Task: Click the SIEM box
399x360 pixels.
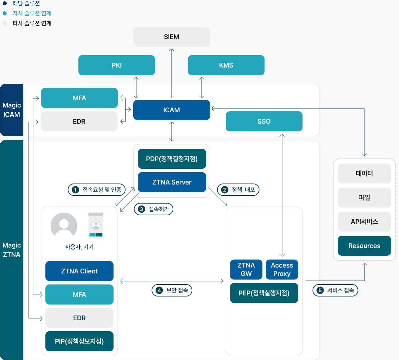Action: [x=171, y=37]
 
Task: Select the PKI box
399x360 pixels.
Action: [x=117, y=65]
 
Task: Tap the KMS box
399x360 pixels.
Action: [x=226, y=65]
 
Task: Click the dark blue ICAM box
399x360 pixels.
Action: [x=171, y=110]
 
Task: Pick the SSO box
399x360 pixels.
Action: [x=264, y=121]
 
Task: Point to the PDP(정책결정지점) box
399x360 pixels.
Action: [x=172, y=159]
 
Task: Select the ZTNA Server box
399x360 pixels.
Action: [x=172, y=182]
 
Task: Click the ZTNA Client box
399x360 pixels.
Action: [x=79, y=271]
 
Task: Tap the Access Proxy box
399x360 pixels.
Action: [x=282, y=269]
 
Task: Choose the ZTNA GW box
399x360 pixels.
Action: [x=246, y=269]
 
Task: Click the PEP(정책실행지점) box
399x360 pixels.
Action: [x=264, y=293]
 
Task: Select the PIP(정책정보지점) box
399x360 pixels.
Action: [x=79, y=341]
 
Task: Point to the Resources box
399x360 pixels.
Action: [x=364, y=246]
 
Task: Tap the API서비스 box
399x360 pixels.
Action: [x=364, y=222]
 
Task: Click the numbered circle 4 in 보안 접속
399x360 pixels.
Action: [x=159, y=290]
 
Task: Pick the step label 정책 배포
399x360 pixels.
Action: [x=238, y=190]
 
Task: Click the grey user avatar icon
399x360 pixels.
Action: [x=64, y=226]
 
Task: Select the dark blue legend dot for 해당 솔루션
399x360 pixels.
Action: [x=5, y=3]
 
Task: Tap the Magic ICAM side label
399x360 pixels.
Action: [x=12, y=110]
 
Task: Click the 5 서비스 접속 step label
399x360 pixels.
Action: [x=335, y=290]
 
